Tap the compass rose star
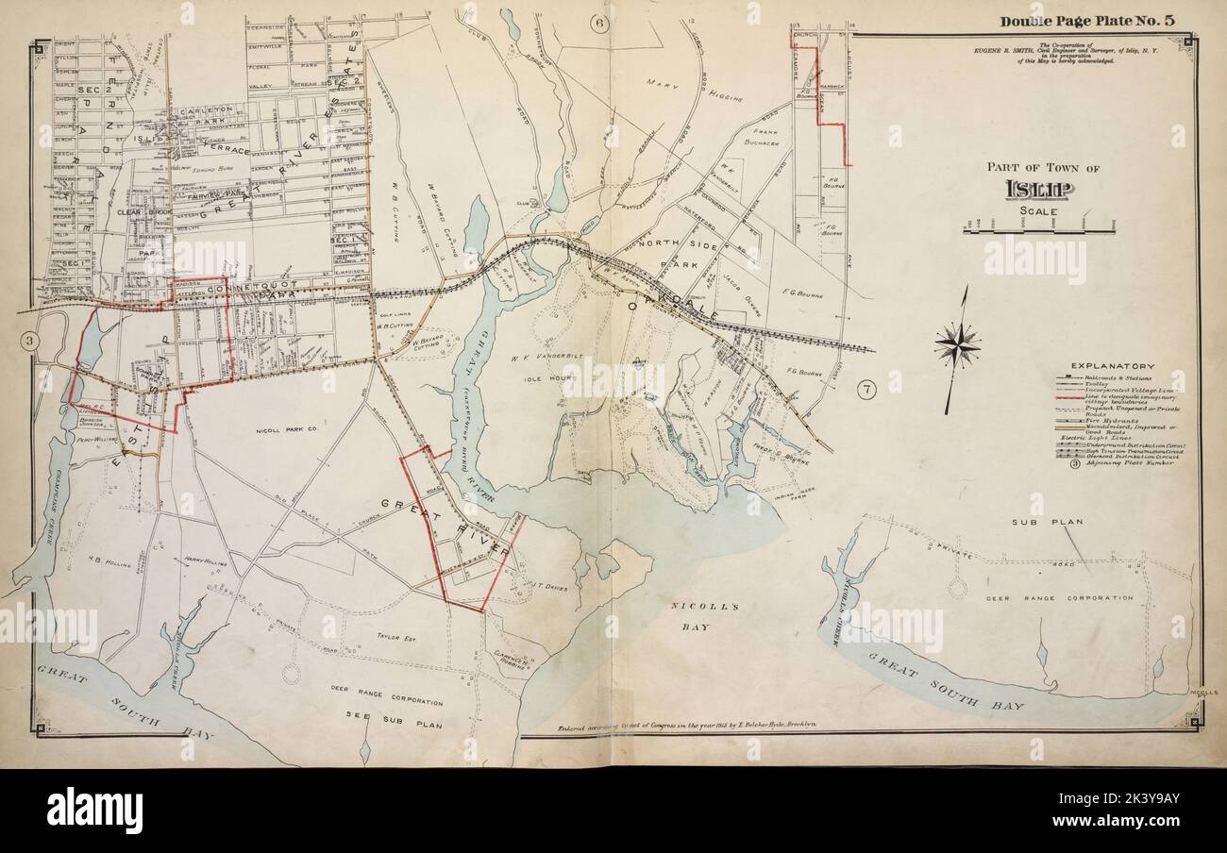coord(957,346)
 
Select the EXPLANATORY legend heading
coord(1112,365)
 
